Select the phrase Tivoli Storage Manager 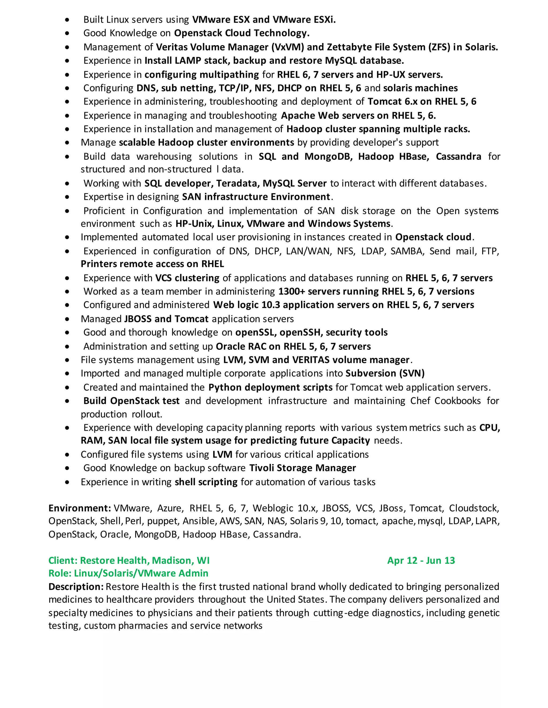point(303,468)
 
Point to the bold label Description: point(76,587)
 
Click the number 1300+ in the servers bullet point(292,291)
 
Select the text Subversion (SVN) point(385,374)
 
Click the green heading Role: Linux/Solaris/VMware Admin point(128,573)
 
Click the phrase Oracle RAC point(241,347)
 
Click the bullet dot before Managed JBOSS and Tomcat point(67,319)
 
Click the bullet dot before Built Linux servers point(67,20)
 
